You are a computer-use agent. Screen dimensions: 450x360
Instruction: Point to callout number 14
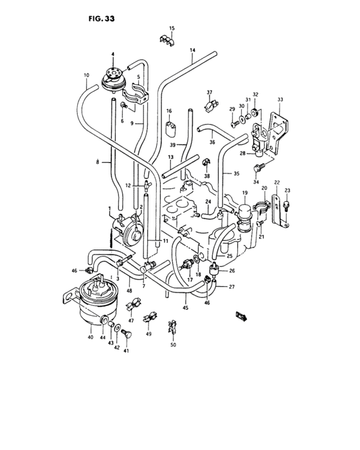click(192, 50)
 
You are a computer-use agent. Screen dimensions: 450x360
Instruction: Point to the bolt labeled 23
click(286, 205)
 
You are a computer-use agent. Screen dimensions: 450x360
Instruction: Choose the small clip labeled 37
click(210, 102)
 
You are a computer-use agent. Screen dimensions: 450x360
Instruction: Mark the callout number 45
click(186, 307)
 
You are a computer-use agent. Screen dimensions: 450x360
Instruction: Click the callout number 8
click(98, 163)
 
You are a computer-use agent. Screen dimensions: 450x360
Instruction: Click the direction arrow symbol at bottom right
click(242, 316)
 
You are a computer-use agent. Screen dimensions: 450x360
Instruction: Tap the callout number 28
click(243, 154)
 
